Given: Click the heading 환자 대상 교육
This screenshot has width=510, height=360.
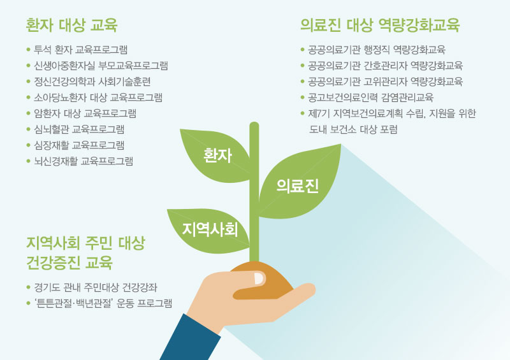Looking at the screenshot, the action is tap(71, 25).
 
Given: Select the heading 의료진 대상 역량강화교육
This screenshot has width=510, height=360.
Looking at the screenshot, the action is tap(380, 25).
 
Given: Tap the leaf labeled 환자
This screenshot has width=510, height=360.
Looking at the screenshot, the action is tap(215, 155).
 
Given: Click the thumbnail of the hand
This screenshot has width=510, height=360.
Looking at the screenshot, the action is tap(259, 278).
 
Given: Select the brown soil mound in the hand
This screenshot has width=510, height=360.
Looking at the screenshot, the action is tap(262, 280).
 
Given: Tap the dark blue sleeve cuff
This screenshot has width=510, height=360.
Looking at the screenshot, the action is tap(190, 338).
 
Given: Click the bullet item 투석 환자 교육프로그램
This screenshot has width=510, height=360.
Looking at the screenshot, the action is tap(81, 50).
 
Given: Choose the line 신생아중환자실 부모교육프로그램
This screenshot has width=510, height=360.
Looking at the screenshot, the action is tap(101, 66).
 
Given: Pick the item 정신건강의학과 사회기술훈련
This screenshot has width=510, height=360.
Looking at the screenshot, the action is tap(92, 82).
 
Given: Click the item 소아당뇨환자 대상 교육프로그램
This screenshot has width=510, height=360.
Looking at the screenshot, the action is tap(98, 97).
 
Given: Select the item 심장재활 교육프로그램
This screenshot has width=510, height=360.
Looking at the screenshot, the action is tap(79, 145).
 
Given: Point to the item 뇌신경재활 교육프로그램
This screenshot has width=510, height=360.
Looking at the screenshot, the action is tap(84, 161).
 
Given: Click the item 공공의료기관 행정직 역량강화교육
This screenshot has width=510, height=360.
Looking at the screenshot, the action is tap(377, 50).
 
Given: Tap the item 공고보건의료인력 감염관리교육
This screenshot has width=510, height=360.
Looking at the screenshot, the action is tap(371, 97).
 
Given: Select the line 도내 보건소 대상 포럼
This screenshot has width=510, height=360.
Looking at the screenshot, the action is tap(353, 129).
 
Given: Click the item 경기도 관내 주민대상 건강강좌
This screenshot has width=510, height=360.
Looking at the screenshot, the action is tap(96, 287).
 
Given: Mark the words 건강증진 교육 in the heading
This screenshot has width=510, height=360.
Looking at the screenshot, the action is tap(69, 263).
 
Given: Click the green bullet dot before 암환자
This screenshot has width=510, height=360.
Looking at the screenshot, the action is tap(28, 113).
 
